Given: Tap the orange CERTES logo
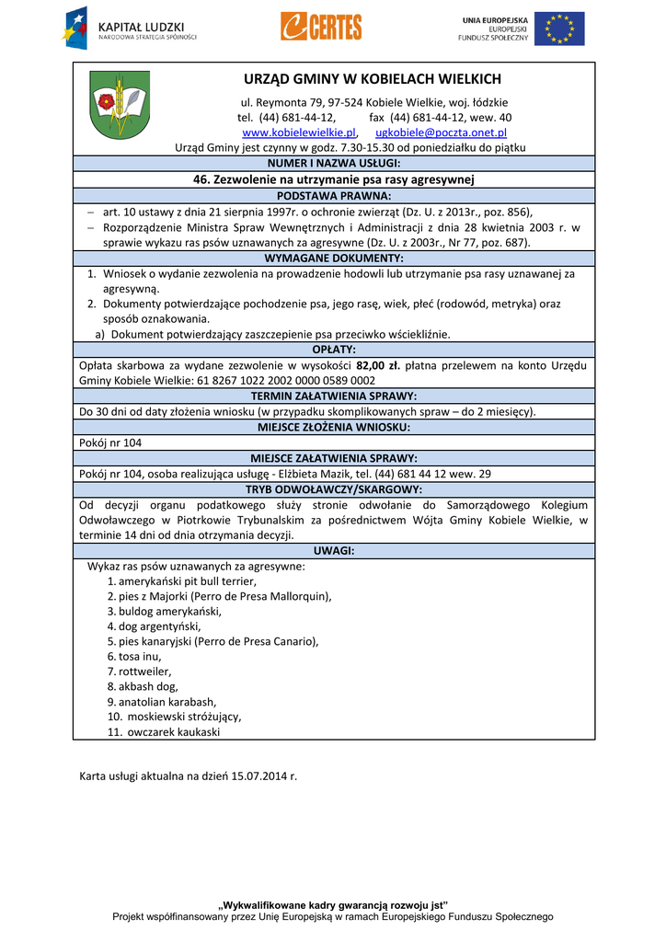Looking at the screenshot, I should point(321,28).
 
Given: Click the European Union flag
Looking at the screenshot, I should point(558,29).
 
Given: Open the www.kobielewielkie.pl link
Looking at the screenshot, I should point(298,132).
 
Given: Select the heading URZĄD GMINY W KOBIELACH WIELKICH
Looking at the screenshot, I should point(373,79).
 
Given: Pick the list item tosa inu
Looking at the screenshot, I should point(133,657).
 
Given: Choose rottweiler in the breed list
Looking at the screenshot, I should point(139,672).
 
